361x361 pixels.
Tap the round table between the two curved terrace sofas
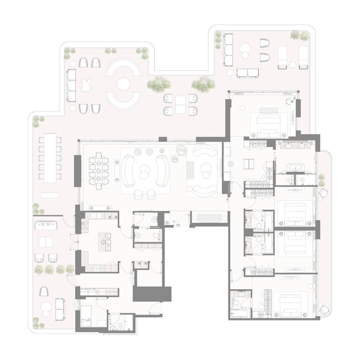(x=123, y=84)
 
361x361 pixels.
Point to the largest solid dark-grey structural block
(x=152, y=294)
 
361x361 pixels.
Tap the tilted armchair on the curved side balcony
(x=324, y=193)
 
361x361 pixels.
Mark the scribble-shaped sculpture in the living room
(x=179, y=151)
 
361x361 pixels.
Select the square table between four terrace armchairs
(x=180, y=104)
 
